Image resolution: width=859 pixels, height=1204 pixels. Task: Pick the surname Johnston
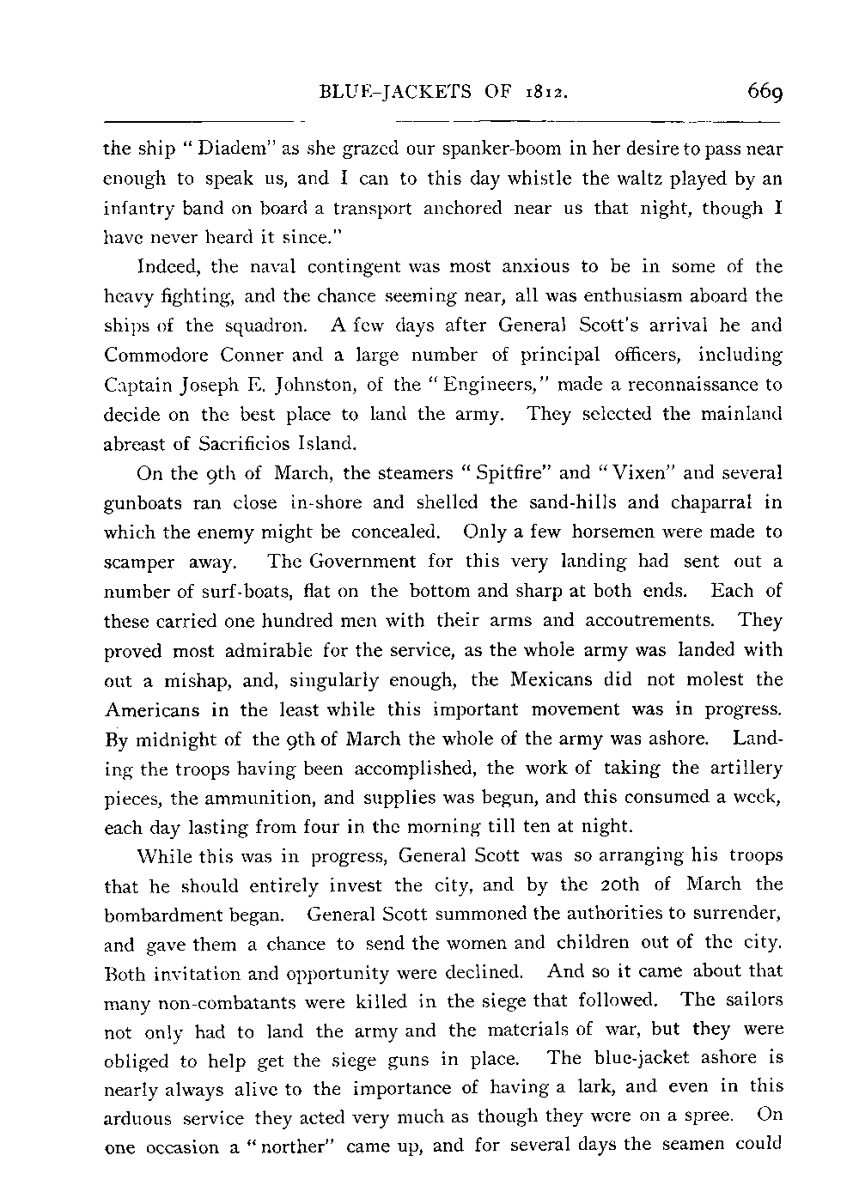(309, 384)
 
